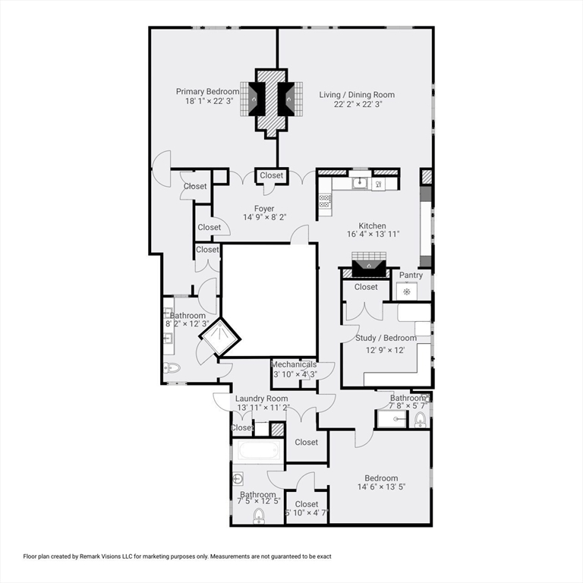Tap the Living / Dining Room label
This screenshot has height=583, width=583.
click(x=356, y=95)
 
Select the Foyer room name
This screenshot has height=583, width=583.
click(x=264, y=209)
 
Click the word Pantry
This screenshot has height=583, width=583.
click(x=411, y=276)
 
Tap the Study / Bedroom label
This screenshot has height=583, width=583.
click(x=386, y=338)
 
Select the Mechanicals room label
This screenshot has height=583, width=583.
click(x=295, y=364)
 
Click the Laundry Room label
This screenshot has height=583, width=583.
click(x=261, y=399)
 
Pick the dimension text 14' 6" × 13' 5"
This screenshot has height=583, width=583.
click(x=381, y=487)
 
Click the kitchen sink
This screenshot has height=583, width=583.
click(x=360, y=183)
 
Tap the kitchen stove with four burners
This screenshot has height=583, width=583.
click(x=325, y=200)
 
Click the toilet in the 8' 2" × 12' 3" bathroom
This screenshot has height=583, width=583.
click(x=171, y=369)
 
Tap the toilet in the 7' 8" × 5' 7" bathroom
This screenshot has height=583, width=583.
click(x=421, y=419)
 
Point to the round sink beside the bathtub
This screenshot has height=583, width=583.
click(x=238, y=479)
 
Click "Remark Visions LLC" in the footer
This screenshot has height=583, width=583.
click(x=112, y=556)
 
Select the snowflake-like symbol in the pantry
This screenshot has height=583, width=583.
click(x=407, y=291)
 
